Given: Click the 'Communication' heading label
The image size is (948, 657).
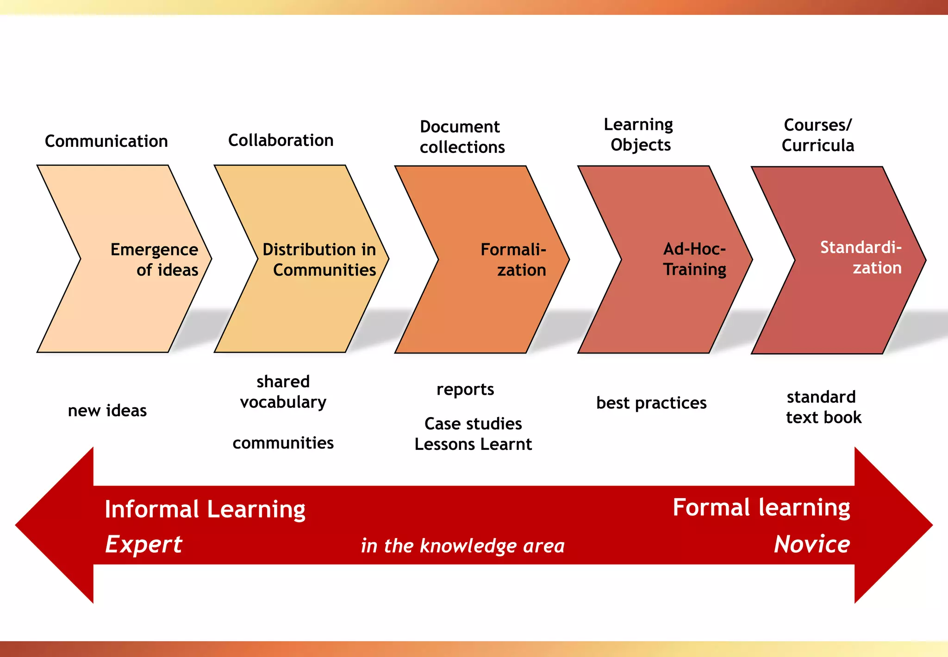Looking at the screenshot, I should pos(106,141).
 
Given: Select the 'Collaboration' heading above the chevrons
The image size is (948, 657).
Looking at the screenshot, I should pos(281,140).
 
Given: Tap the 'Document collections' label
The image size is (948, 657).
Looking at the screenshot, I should pos(462,137).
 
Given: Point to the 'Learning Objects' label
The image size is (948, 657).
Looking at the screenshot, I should pos(639,134).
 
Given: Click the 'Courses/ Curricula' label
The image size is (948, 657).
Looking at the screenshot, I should pos(817,135).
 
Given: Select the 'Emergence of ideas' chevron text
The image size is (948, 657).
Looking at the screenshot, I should pos(154,259).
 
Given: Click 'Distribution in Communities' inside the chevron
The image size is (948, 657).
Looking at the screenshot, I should pos(319,259).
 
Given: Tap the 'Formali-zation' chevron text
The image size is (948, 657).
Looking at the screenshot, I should pos(513,259).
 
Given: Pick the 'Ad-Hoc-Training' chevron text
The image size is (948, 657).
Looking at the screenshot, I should pos(694,259).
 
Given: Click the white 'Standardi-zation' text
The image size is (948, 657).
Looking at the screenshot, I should pos(861,257).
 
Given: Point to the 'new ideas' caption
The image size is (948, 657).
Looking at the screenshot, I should pos(107,411).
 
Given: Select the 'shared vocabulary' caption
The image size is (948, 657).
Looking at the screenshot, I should pos(283,392).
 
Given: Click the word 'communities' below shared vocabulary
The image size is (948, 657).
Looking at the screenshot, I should pos(283,443).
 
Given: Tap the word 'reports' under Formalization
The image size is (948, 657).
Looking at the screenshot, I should pos(465,390).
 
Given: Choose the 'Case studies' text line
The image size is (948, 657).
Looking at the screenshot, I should pos(473,423).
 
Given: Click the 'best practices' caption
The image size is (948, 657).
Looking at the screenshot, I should pos(651,403).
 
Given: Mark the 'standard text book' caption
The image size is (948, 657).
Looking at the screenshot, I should pos(823,407).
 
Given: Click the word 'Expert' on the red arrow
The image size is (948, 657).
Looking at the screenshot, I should pos(143,544).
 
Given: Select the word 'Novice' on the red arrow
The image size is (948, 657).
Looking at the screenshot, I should pos(812,544).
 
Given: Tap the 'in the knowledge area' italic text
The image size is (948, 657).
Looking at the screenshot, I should pos(463,546).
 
